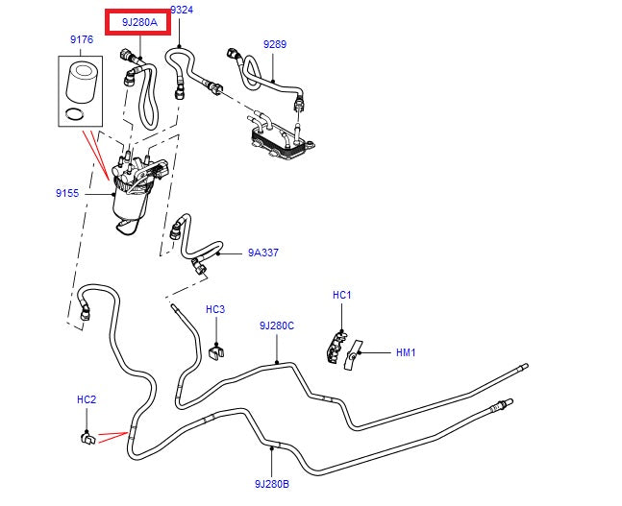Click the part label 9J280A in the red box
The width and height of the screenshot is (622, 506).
(138, 23)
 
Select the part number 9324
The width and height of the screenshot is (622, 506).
(181, 10)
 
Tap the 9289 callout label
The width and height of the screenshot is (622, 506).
(274, 44)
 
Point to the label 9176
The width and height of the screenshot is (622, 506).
(81, 39)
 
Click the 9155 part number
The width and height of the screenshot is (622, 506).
(67, 193)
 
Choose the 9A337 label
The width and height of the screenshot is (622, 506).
(262, 253)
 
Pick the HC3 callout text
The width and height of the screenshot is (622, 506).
(215, 309)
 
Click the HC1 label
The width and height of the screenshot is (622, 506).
(341, 295)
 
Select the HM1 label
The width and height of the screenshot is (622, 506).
(406, 352)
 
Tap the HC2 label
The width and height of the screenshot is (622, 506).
(87, 398)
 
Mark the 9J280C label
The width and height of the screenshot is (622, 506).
(276, 325)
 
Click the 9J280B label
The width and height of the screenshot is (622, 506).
(272, 484)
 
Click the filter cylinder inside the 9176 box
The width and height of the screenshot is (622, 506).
(81, 82)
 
